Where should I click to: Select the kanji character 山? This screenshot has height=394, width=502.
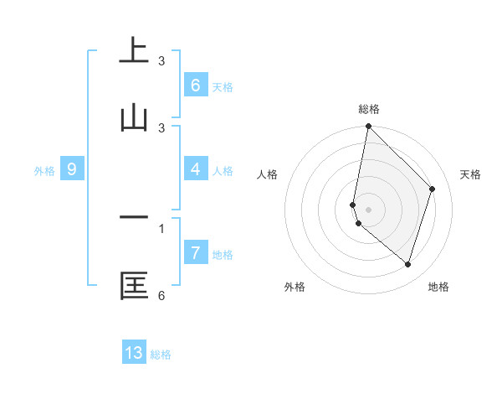pyautogui.click(x=134, y=118)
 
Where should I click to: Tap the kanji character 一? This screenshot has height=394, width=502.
pyautogui.click(x=134, y=217)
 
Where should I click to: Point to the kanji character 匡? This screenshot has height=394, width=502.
pyautogui.click(x=134, y=285)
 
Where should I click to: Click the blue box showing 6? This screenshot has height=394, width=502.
pyautogui.click(x=195, y=86)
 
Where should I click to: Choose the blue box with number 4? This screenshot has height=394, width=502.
pyautogui.click(x=195, y=169)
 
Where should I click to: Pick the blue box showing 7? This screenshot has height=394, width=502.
pyautogui.click(x=195, y=253)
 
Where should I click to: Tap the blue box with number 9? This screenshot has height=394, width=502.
pyautogui.click(x=72, y=169)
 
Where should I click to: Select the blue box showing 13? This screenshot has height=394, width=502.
pyautogui.click(x=134, y=353)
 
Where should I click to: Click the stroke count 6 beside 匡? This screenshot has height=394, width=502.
pyautogui.click(x=161, y=295)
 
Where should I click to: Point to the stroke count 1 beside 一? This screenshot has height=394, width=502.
pyautogui.click(x=161, y=228)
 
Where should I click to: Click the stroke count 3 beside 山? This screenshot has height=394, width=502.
pyautogui.click(x=161, y=128)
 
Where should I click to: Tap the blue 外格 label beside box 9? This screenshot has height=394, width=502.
pyautogui.click(x=44, y=171)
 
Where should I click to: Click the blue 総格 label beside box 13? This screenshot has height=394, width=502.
pyautogui.click(x=161, y=355)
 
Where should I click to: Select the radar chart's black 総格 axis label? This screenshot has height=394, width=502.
pyautogui.click(x=368, y=109)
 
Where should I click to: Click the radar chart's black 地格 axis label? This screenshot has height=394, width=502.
pyautogui.click(x=438, y=287)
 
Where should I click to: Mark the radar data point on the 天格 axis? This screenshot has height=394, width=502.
pyautogui.click(x=433, y=189)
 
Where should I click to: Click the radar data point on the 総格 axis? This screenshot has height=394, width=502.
pyautogui.click(x=368, y=126)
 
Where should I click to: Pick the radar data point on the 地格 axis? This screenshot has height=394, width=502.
pyautogui.click(x=408, y=265)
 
